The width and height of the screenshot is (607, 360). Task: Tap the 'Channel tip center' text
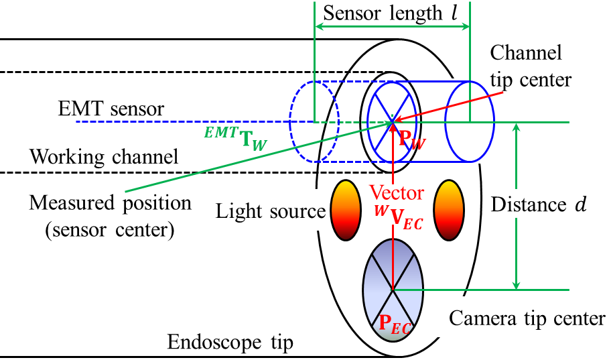point(531,66)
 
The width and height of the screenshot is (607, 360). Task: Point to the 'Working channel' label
point(105,158)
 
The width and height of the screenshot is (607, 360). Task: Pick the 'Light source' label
point(270,212)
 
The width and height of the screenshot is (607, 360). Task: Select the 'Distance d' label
point(539,205)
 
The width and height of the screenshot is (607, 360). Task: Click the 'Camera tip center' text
point(527,318)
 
